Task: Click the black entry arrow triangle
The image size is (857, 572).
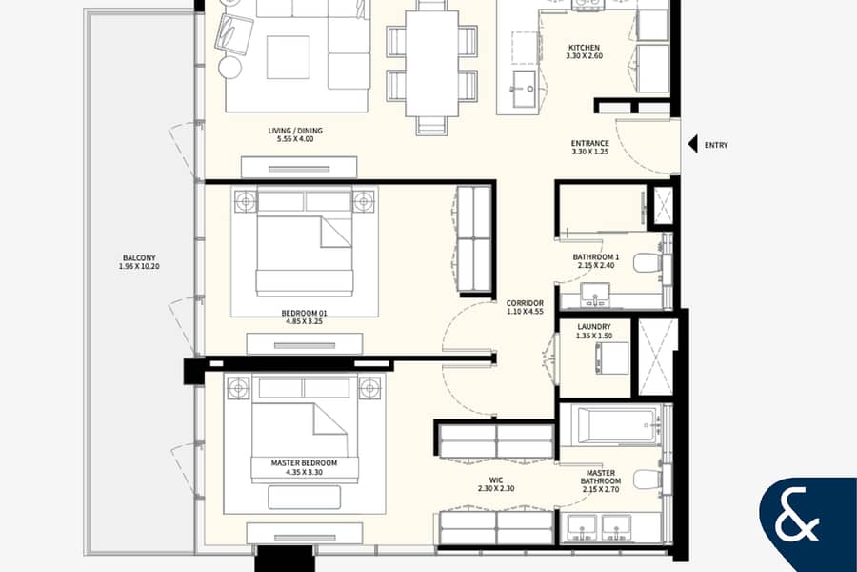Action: pos(692,145)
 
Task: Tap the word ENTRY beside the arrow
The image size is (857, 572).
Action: pos(716,145)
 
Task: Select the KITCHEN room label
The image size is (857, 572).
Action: pos(585,48)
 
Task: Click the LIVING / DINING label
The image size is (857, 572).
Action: pos(295,131)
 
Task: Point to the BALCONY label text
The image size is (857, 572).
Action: pos(139,257)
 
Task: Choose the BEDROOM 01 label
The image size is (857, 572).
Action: pos(304,313)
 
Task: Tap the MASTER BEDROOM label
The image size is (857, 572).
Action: pos(304,463)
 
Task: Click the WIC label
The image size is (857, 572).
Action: pos(496,480)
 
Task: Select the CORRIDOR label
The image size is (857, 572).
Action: pos(525,303)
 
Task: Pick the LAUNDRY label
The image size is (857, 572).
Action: pos(594,327)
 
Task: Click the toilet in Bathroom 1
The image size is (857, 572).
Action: pos(648,262)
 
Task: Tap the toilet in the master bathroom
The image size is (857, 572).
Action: pos(648,480)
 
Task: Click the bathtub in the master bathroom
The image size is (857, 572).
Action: pos(615,426)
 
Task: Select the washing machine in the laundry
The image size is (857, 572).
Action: pos(612,358)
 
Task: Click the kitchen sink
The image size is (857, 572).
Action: pos(523,89)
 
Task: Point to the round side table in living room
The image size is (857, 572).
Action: pos(230,68)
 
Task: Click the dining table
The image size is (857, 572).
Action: pos(431,64)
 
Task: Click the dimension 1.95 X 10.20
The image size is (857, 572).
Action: pos(139,267)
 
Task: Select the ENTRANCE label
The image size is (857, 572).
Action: pos(590,143)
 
